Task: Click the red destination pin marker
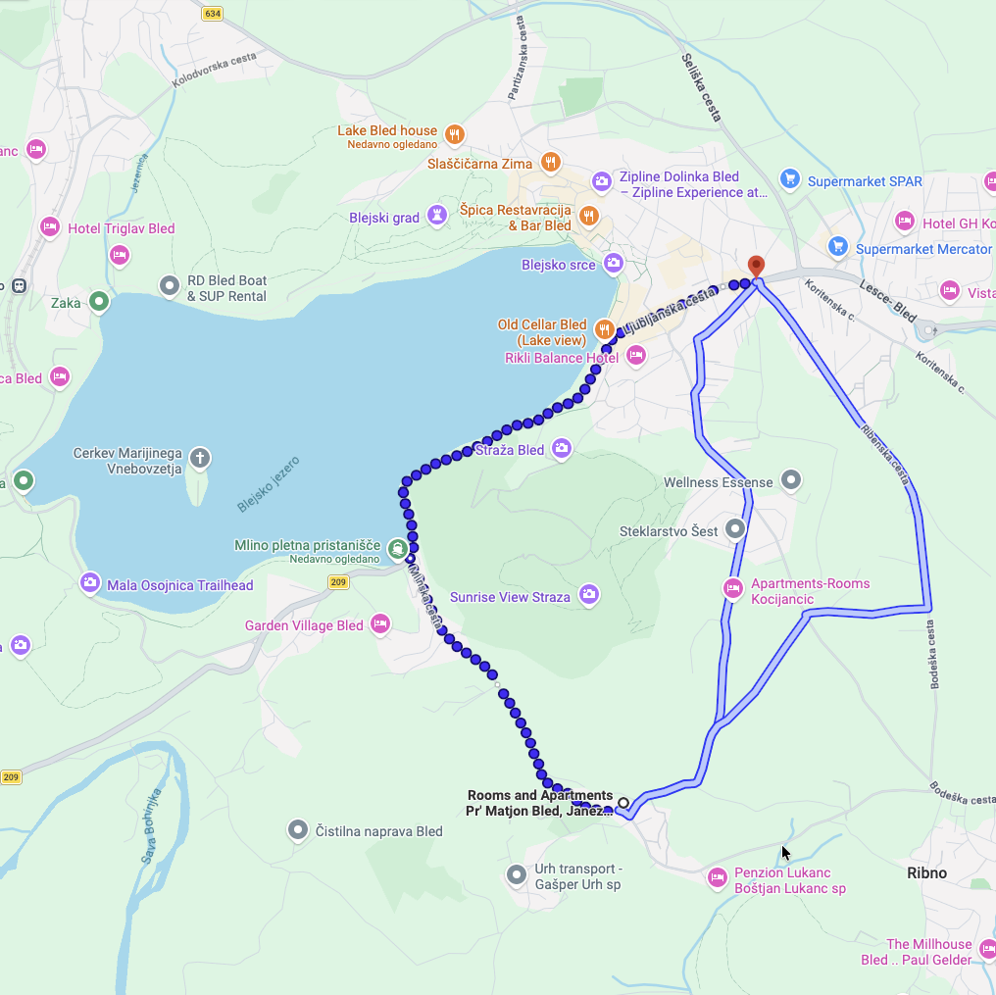coord(756,266)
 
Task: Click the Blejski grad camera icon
coord(437,217)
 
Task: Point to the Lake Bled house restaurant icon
coord(454,134)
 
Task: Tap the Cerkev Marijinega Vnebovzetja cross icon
coord(200,457)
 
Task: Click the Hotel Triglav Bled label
coord(121,228)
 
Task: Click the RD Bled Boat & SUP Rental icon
coord(170,286)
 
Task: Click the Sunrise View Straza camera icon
coord(588,594)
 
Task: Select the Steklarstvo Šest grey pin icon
coord(735,529)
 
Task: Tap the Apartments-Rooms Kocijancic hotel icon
coord(732,588)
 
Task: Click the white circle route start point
coord(622,803)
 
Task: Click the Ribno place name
coord(926,872)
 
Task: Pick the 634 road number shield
coord(213,13)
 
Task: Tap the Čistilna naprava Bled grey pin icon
coord(299,831)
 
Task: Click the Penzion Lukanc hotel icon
coord(718,875)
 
